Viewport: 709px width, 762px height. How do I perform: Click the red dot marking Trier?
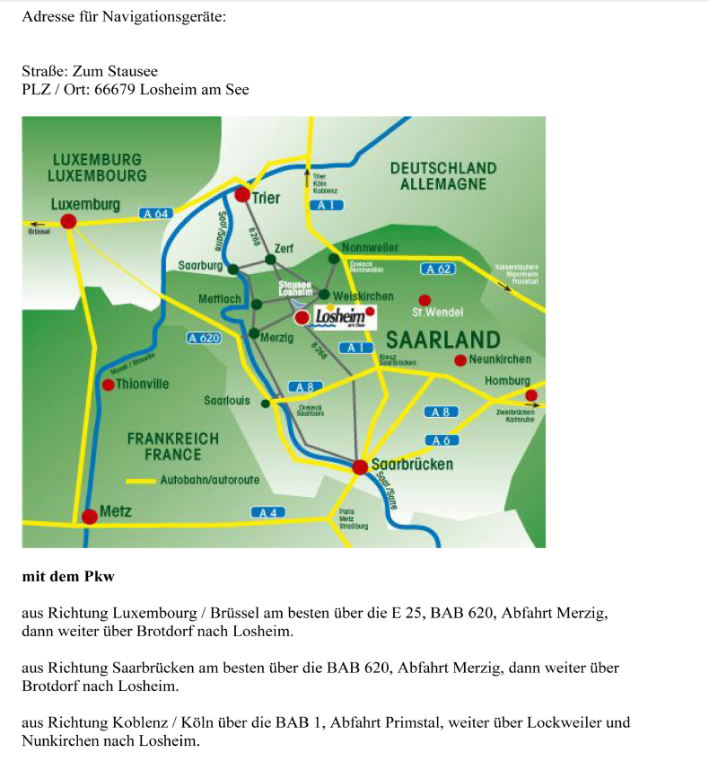pos(242,194)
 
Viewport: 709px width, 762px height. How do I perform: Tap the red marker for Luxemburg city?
pos(68,221)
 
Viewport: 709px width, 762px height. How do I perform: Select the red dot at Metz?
pos(89,517)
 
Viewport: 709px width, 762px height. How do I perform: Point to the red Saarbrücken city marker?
pos(360,466)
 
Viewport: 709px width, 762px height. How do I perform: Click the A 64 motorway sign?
pos(154,213)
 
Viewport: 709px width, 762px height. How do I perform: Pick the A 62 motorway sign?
pos(437,269)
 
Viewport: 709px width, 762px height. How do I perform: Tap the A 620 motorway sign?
pos(204,338)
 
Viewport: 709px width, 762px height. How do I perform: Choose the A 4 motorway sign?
pos(267,512)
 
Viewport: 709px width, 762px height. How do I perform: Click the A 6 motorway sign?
pos(440,440)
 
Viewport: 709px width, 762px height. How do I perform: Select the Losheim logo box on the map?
pos(342,316)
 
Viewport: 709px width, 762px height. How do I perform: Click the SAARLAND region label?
pos(442,340)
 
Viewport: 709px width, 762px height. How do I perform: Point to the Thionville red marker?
pos(108,385)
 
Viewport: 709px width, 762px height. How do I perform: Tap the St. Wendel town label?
pos(437,312)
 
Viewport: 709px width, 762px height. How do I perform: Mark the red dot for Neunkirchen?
pos(460,360)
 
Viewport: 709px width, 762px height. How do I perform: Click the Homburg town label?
pos(507,381)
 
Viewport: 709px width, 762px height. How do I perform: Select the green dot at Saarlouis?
pos(265,403)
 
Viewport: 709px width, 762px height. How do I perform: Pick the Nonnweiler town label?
pos(371,247)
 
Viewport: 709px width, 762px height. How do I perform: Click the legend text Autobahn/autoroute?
pos(209,480)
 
